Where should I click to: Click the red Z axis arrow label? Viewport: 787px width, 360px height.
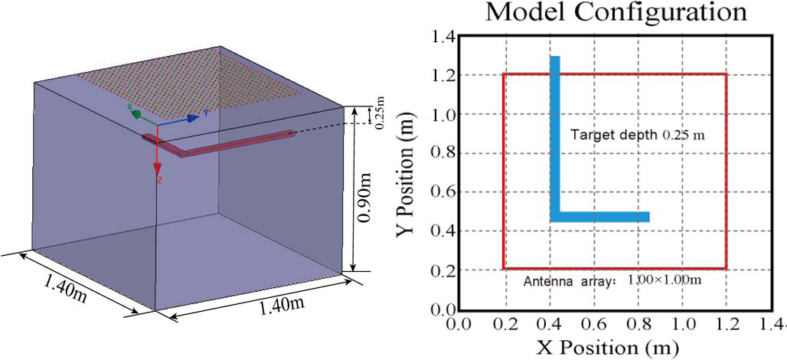click(x=158, y=180)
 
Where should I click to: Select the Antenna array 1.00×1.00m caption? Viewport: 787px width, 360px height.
click(x=612, y=280)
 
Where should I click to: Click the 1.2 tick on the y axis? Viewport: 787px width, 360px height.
click(x=444, y=75)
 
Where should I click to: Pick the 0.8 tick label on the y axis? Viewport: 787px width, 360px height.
click(x=444, y=153)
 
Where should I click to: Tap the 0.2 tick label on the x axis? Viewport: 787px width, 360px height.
click(x=504, y=325)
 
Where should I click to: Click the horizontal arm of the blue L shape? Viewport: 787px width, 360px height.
click(x=605, y=217)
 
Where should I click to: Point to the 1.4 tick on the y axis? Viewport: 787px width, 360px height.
click(x=444, y=36)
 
